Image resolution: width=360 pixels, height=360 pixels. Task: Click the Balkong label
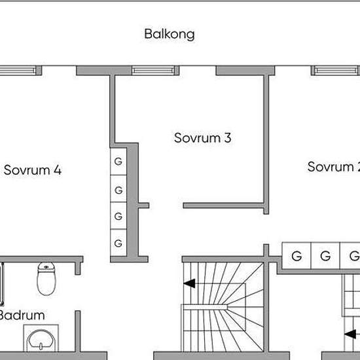click(x=170, y=35)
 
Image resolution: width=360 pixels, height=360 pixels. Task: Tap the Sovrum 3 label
click(x=202, y=137)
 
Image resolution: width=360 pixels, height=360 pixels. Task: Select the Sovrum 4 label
click(x=33, y=170)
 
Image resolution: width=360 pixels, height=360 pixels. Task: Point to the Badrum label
click(x=22, y=315)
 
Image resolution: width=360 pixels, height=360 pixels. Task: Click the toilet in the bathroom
click(x=46, y=278)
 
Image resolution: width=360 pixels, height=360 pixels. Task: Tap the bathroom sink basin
click(x=41, y=339)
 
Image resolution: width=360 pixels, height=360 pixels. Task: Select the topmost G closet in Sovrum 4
click(x=118, y=162)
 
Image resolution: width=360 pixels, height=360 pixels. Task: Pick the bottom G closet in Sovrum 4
click(x=118, y=243)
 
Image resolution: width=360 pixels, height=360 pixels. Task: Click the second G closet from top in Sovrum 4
click(x=118, y=189)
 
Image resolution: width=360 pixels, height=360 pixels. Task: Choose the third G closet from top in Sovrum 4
click(x=118, y=216)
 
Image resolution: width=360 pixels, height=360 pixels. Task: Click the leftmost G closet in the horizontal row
click(x=297, y=255)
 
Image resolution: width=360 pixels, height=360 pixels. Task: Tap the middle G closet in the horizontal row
click(x=325, y=255)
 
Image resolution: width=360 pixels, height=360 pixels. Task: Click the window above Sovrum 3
click(x=153, y=71)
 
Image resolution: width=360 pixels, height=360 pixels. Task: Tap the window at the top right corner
click(x=336, y=71)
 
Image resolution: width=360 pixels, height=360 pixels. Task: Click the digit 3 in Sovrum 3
click(x=228, y=137)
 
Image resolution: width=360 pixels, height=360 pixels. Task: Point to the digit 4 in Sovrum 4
click(x=58, y=170)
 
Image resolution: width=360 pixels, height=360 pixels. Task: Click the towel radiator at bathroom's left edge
click(x=2, y=284)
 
